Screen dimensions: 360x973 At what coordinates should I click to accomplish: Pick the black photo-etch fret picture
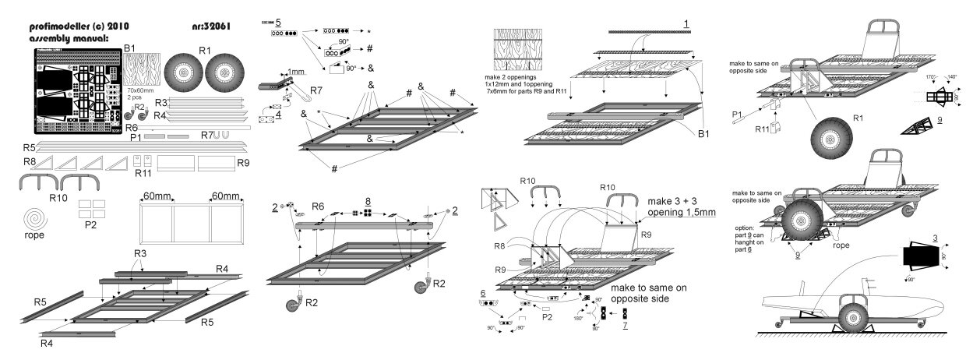click(x=77, y=92)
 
